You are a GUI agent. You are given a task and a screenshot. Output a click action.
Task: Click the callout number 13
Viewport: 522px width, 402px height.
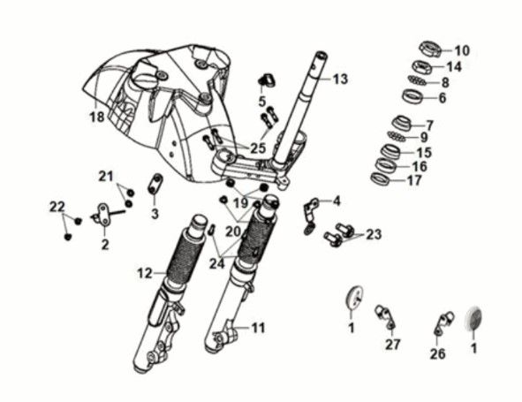[341, 80]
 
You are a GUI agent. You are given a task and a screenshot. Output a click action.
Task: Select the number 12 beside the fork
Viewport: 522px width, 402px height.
[144, 274]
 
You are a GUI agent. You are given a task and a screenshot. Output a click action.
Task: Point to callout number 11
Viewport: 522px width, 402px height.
[257, 328]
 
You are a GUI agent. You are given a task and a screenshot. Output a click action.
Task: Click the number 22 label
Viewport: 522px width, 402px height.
[57, 207]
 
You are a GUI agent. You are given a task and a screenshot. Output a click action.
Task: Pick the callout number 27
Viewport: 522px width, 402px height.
[392, 345]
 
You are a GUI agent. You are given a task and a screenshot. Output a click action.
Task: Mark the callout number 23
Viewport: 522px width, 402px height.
[374, 234]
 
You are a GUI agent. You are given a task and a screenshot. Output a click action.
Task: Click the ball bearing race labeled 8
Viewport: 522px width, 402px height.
[418, 80]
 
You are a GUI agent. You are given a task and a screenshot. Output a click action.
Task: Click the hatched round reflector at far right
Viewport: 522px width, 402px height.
[474, 318]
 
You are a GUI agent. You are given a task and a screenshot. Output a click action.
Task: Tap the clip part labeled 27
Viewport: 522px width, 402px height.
[383, 312]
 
